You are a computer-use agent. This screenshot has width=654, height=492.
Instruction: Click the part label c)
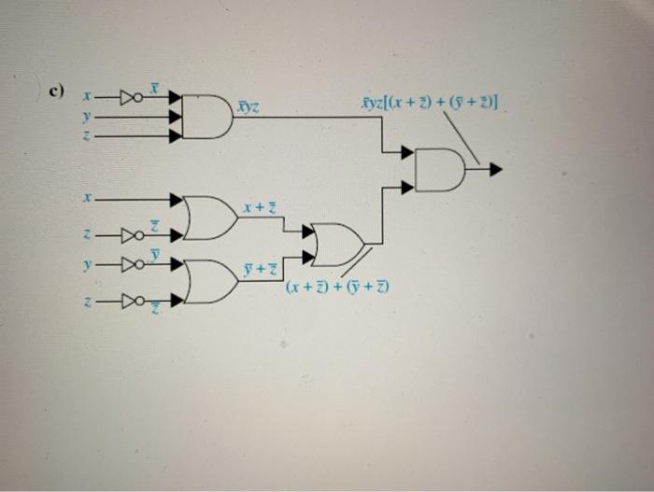[x=56, y=91]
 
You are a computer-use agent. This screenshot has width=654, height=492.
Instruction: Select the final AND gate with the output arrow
[x=438, y=169]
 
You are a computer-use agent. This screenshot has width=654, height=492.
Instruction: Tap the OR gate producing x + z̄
[x=210, y=218]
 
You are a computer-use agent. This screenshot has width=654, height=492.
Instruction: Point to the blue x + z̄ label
[x=259, y=205]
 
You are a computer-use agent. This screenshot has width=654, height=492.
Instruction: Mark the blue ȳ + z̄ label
[x=259, y=270]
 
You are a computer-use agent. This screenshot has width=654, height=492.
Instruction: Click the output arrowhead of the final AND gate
[x=495, y=169]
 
